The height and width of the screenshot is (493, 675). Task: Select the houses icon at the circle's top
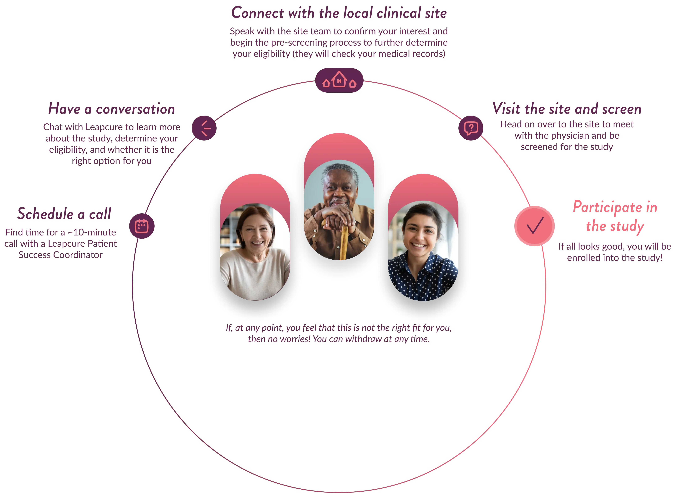[339, 80]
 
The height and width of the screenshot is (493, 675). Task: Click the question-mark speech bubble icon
[471, 128]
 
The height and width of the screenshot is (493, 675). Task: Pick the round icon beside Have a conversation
[204, 128]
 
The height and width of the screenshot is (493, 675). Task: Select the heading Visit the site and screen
[566, 109]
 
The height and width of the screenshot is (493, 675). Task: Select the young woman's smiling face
[421, 234]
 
